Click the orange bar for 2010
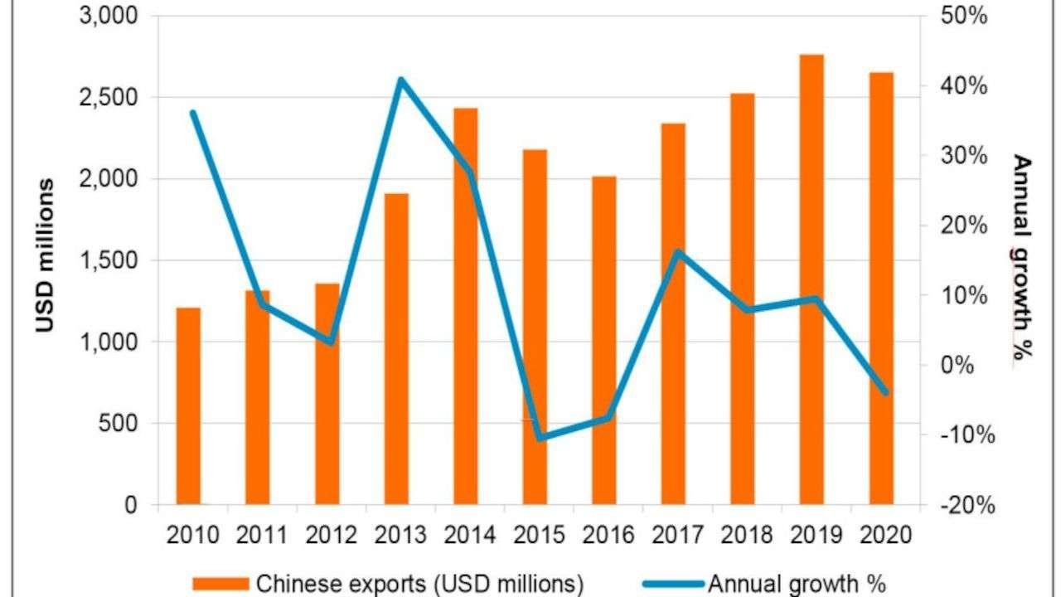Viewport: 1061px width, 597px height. point(188,406)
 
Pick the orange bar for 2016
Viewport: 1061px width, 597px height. point(603,340)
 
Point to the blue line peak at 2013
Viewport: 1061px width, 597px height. point(400,80)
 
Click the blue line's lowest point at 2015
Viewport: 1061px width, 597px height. point(540,437)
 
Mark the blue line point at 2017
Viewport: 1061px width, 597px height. point(677,251)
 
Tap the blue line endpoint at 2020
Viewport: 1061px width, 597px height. point(884,392)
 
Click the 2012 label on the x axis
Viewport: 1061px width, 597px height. point(331,535)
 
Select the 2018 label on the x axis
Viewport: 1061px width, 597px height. point(746,535)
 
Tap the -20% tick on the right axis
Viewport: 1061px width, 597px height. point(961,505)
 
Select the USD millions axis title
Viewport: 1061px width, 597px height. point(46,255)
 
